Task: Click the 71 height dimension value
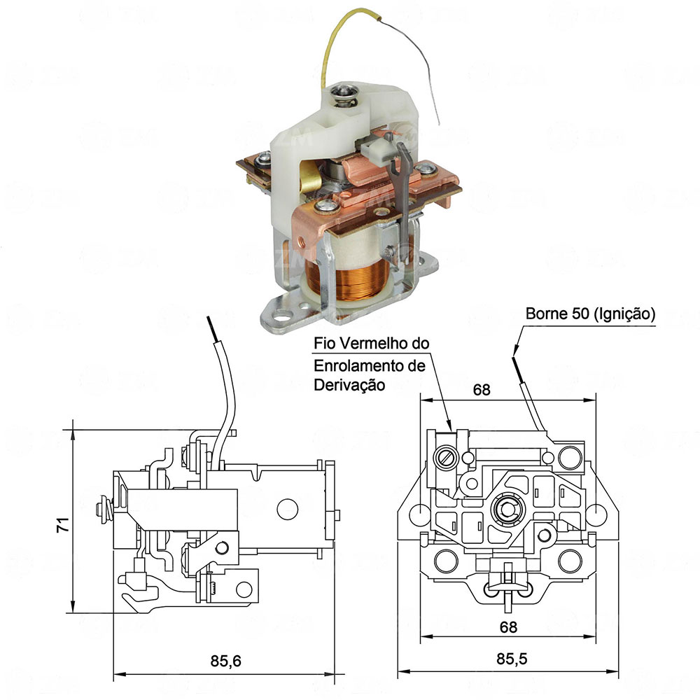click(62, 526)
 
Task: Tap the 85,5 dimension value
click(509, 660)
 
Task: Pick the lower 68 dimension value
click(509, 626)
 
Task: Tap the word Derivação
click(349, 384)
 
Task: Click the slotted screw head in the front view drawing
click(447, 459)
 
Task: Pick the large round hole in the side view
click(286, 509)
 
